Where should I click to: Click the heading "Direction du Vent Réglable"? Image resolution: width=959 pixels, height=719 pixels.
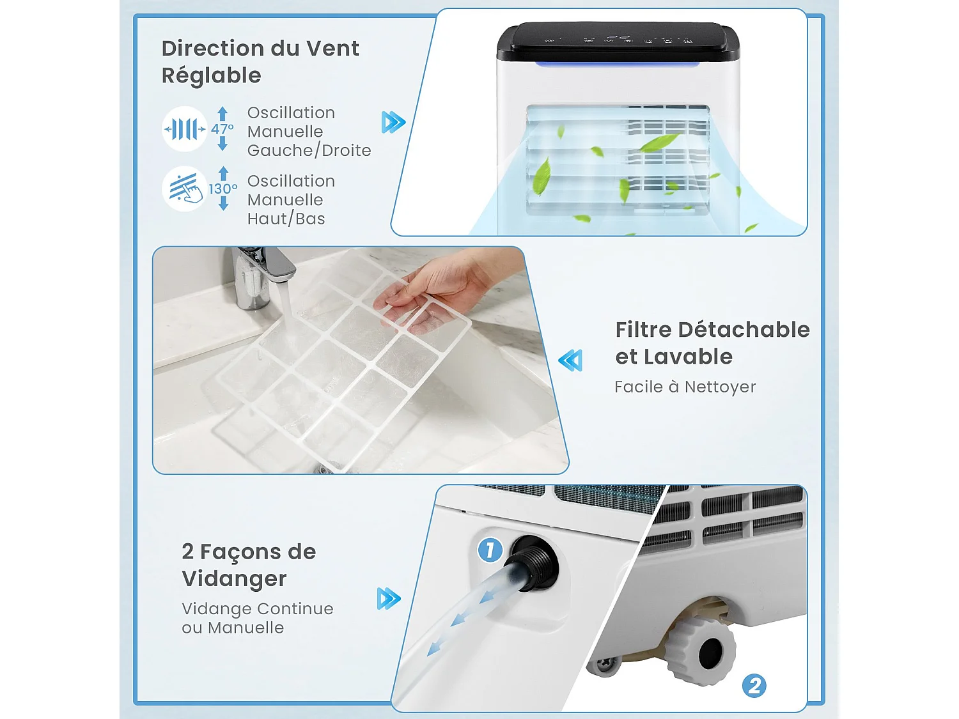click(260, 61)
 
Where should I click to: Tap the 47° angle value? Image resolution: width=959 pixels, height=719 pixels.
click(222, 129)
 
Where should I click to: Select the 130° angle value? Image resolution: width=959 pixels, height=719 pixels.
click(222, 189)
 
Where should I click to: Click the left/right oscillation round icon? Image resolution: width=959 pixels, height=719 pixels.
click(184, 129)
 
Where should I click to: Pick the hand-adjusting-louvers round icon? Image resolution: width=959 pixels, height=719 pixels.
click(184, 189)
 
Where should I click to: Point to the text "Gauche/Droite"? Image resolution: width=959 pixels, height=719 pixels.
click(309, 151)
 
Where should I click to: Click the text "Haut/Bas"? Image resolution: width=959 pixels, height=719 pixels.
click(286, 219)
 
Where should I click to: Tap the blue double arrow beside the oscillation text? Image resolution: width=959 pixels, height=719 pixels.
click(393, 122)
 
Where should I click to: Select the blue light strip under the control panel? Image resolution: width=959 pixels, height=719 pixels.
click(617, 65)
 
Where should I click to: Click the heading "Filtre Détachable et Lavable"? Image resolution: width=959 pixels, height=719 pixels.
click(712, 343)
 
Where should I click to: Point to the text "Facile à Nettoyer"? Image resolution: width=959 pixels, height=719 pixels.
click(685, 387)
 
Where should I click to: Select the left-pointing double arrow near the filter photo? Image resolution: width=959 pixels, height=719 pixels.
click(570, 360)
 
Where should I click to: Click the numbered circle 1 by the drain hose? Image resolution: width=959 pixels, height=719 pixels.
click(490, 550)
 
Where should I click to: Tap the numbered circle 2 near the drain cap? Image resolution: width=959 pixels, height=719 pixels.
click(754, 686)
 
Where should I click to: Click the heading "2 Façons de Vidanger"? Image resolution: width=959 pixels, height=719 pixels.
click(249, 565)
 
